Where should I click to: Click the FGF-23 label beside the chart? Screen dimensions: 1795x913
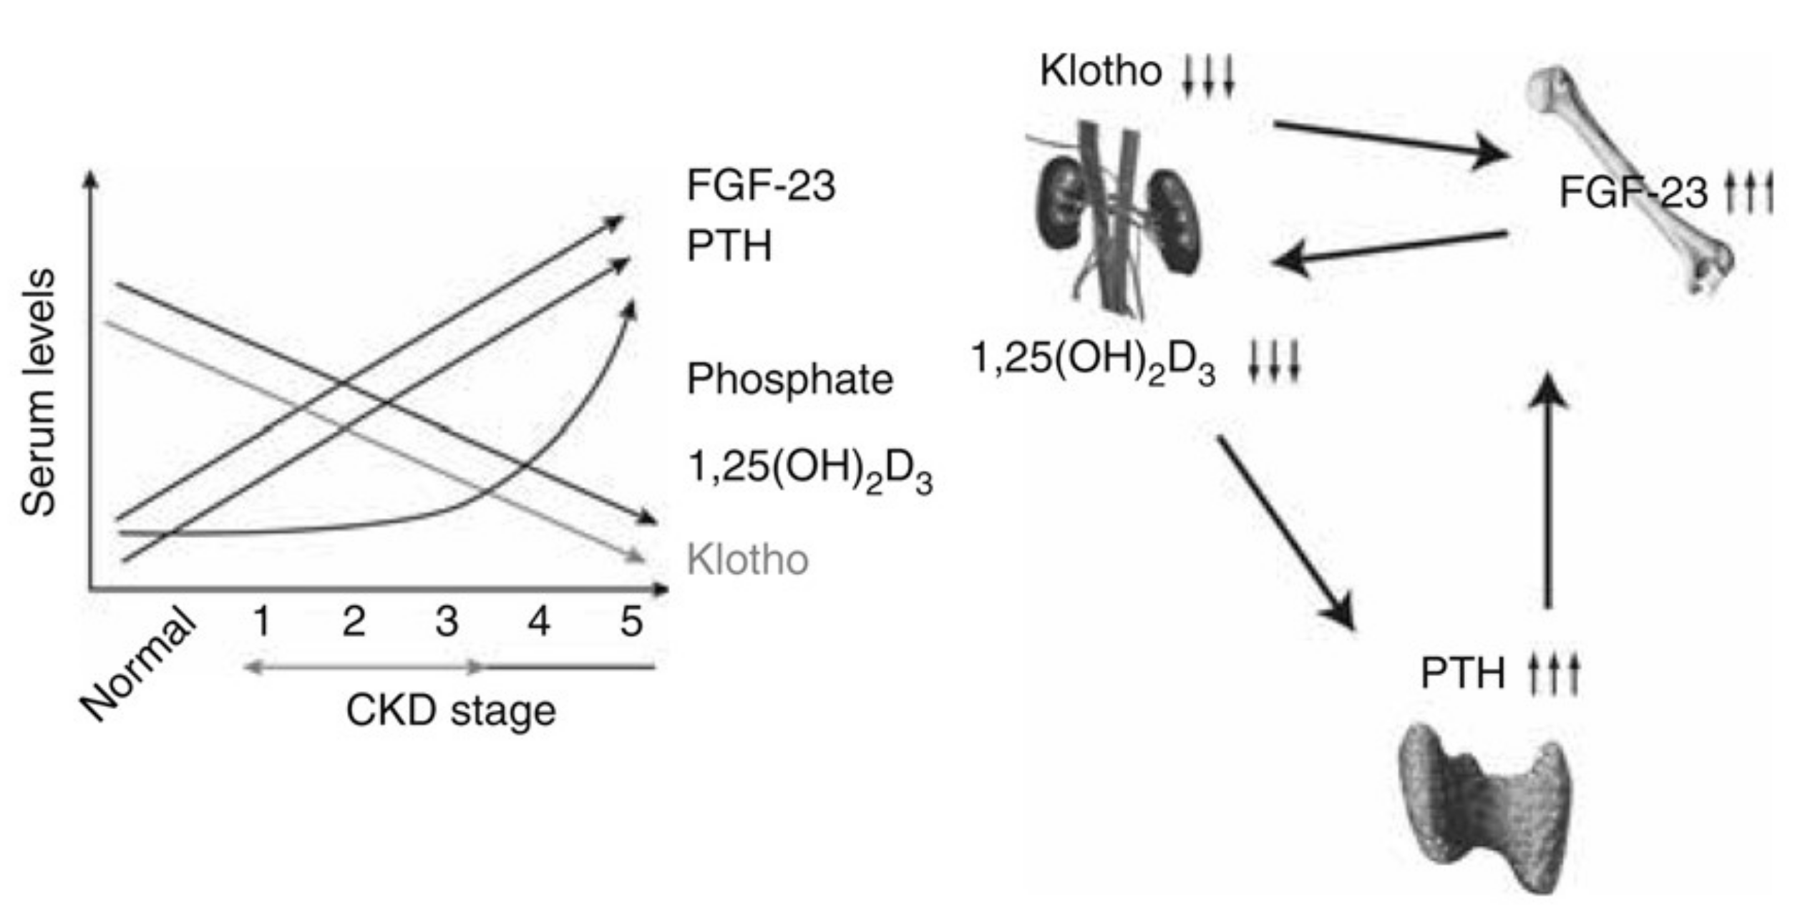[x=760, y=185]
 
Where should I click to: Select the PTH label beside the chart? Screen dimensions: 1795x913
[x=729, y=246]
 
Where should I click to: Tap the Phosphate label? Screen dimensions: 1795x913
[x=789, y=379]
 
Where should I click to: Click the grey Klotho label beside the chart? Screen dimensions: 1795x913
[x=747, y=560]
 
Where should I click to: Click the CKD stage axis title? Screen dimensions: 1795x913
[x=450, y=711]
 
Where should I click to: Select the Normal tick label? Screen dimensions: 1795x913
[x=137, y=664]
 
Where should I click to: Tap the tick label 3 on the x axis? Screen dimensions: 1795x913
[x=447, y=621]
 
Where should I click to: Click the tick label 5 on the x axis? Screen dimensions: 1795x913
[x=631, y=621]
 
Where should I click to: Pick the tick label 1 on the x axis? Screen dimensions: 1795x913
[x=262, y=621]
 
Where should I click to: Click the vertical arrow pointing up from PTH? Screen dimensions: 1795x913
[x=1547, y=494]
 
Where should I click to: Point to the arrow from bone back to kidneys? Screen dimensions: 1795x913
[x=1392, y=248]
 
